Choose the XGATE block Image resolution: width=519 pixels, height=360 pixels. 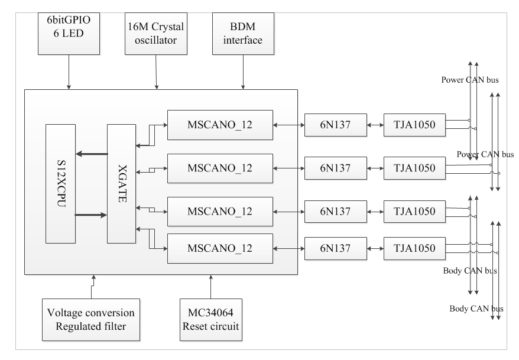click(121, 183)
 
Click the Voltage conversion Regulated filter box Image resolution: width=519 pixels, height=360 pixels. click(91, 320)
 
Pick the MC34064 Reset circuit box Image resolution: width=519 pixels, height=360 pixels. click(211, 320)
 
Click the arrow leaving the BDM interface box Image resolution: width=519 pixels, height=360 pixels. click(243, 74)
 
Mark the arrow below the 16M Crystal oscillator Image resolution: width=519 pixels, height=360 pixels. click(156, 74)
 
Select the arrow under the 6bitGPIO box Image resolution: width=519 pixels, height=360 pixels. click(70, 74)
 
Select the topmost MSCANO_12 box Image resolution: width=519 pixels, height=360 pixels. click(219, 125)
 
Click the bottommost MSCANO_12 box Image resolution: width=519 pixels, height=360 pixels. click(219, 249)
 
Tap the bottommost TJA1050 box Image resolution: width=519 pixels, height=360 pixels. click(413, 249)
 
